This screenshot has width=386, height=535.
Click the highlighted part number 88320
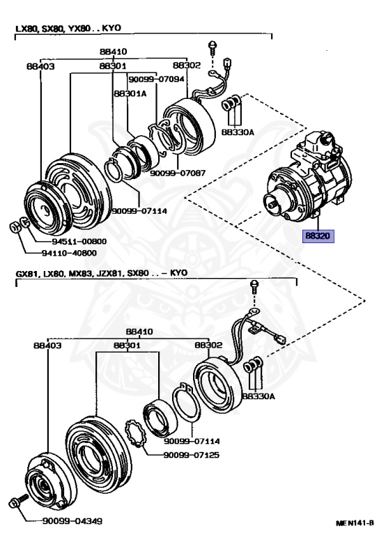tap(318, 235)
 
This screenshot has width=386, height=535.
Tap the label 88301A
tap(130, 93)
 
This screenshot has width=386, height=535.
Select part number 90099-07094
tap(156, 79)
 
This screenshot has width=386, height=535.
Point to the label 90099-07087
tap(178, 173)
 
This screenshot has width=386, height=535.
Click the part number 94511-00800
tap(79, 242)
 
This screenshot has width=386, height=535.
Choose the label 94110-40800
tap(69, 253)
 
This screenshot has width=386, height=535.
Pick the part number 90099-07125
tap(192, 455)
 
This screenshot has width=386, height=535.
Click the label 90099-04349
tap(72, 521)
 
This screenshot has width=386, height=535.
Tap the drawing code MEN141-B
tap(355, 522)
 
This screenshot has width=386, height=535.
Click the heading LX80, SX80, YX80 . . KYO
tap(68, 29)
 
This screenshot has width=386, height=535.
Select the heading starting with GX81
tap(102, 273)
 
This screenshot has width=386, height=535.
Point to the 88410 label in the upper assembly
tap(114, 52)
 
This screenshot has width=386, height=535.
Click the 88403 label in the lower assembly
tap(47, 346)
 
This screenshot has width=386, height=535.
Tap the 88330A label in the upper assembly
tap(238, 132)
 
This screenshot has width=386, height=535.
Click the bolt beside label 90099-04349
tap(18, 502)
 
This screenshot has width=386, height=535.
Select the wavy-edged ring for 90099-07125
tap(135, 433)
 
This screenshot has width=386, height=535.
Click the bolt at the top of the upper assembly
tap(213, 48)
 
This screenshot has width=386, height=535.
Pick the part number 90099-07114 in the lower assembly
tap(192, 441)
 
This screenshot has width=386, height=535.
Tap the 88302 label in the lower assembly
tap(208, 345)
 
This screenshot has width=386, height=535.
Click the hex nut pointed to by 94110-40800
tap(15, 226)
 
